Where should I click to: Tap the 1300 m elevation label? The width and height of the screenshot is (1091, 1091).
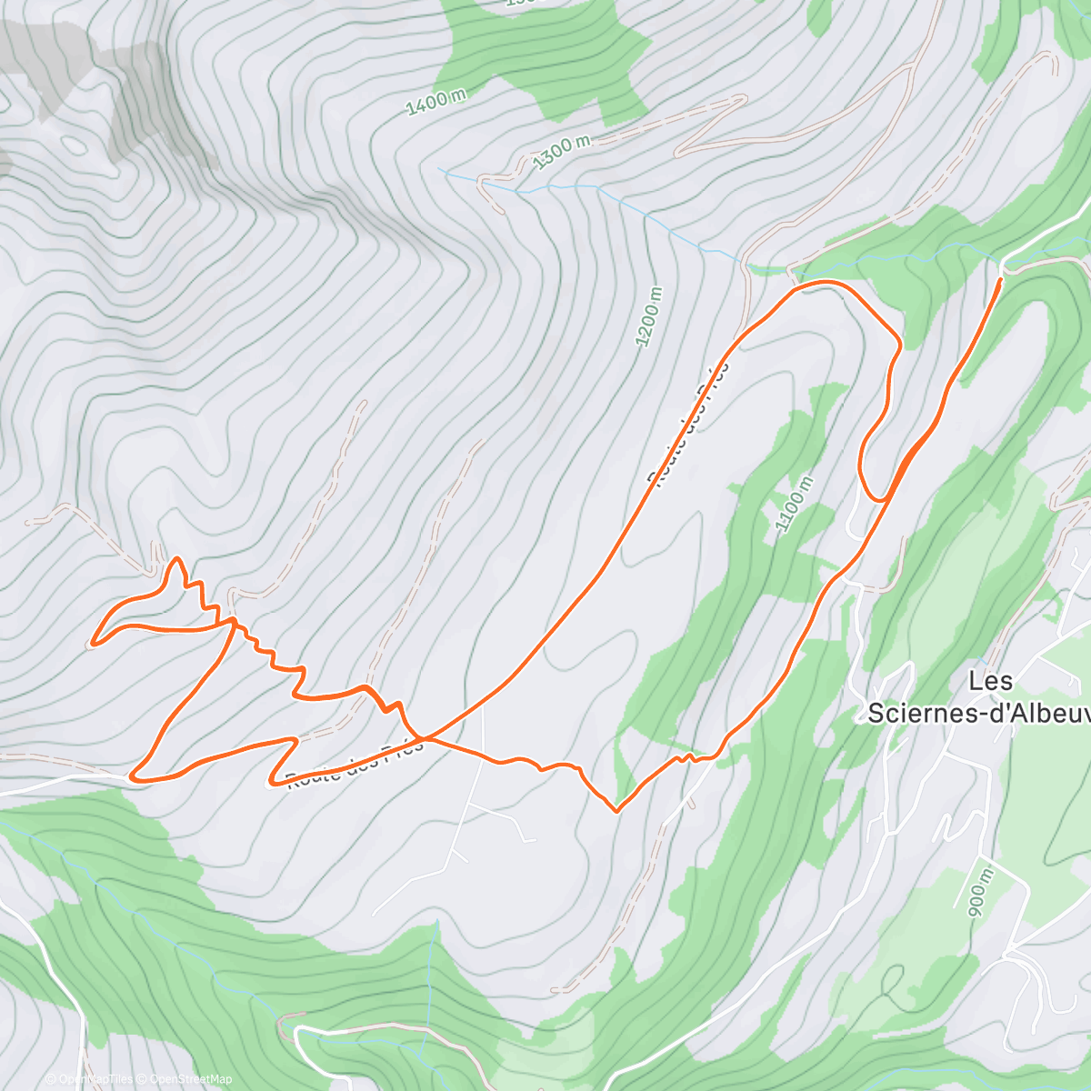(x=562, y=151)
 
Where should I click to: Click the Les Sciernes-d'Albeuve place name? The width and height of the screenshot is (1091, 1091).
(x=978, y=696)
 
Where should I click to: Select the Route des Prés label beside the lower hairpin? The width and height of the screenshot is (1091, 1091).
(x=355, y=766)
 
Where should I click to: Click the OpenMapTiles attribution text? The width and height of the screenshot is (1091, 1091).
(x=89, y=1080)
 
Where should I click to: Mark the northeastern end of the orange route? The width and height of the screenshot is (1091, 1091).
(x=1000, y=281)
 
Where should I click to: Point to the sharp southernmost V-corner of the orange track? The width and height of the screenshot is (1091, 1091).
(x=616, y=810)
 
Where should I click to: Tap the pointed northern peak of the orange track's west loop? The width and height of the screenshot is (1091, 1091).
(x=175, y=558)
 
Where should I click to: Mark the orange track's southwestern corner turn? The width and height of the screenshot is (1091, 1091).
(x=134, y=776)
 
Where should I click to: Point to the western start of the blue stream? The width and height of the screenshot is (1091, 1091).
(x=439, y=168)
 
